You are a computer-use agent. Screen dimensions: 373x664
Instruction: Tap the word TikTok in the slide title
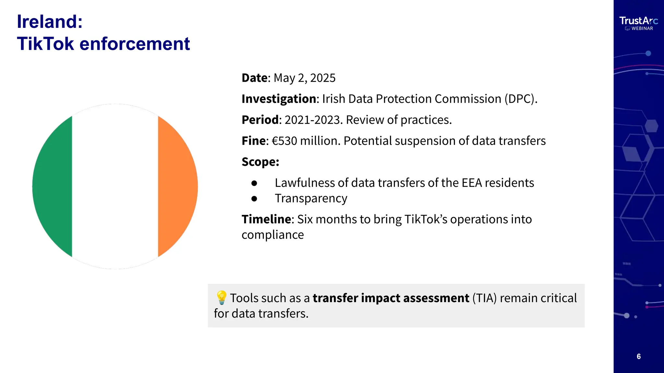click(x=45, y=44)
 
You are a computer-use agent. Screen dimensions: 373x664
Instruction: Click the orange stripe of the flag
click(x=177, y=186)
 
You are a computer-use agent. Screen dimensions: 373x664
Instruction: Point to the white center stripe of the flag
click(x=115, y=186)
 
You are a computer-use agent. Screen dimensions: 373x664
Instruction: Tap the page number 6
click(x=639, y=356)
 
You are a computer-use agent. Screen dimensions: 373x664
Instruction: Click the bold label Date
click(x=255, y=78)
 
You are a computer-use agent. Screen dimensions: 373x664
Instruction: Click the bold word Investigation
click(x=279, y=99)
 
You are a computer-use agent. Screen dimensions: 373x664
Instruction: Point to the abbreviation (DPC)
click(x=520, y=99)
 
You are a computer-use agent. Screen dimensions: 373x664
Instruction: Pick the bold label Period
click(x=260, y=120)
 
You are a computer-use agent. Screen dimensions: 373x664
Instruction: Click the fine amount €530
click(x=284, y=141)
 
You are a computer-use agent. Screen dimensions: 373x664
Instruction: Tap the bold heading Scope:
click(x=260, y=162)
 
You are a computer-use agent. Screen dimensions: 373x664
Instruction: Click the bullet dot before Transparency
click(x=254, y=199)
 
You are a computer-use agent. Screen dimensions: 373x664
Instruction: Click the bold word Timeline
click(x=267, y=220)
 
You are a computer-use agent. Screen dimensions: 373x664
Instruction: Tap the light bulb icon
click(x=221, y=298)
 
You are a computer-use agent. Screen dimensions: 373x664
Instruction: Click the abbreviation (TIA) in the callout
click(x=484, y=298)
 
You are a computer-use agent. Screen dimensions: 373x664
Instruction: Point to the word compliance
click(x=273, y=235)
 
